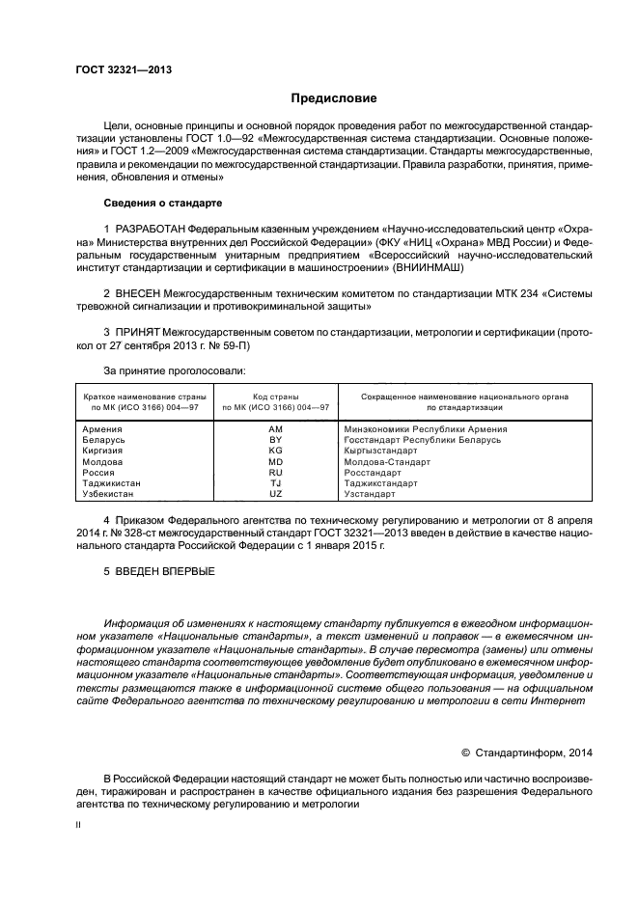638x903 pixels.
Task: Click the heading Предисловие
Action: click(334, 98)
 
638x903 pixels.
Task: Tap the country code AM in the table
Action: click(275, 428)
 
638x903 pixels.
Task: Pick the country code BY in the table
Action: click(275, 439)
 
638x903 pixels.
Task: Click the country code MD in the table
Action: click(275, 461)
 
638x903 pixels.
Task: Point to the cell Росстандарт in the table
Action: click(373, 473)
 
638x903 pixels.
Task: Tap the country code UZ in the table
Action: click(275, 494)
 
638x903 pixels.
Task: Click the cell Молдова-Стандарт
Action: click(387, 461)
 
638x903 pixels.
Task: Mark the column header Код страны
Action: click(275, 397)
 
